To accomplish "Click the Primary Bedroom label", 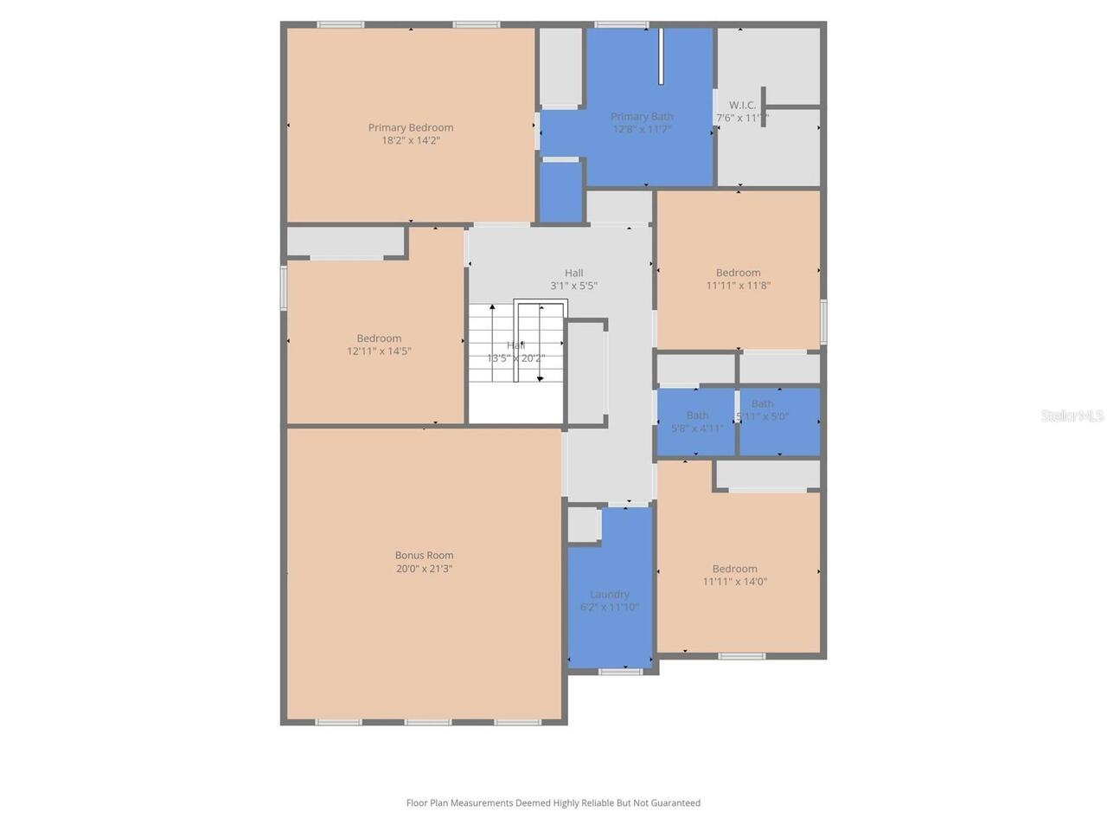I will point(411,127).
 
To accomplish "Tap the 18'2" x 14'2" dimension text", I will point(411,140).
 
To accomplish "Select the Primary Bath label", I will point(642,117).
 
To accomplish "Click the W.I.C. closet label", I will point(742,105).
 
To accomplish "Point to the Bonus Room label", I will point(424,556).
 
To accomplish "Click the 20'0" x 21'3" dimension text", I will point(424,569).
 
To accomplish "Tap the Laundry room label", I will point(610,595).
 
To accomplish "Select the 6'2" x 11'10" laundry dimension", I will point(610,608).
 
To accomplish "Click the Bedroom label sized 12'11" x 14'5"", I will point(379,338).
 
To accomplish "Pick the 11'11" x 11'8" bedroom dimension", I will point(738,286).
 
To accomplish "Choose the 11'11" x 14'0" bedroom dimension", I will point(735,582).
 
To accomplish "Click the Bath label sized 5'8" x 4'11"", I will point(697,415).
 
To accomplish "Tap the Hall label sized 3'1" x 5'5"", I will point(573,273).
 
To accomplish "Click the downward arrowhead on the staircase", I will point(541,377).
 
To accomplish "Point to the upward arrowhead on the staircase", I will point(492,307).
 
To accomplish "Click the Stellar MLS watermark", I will point(1072,416).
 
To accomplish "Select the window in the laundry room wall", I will point(621,672).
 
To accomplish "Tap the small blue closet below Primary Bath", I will point(560,192).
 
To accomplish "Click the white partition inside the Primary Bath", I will point(661,56).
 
